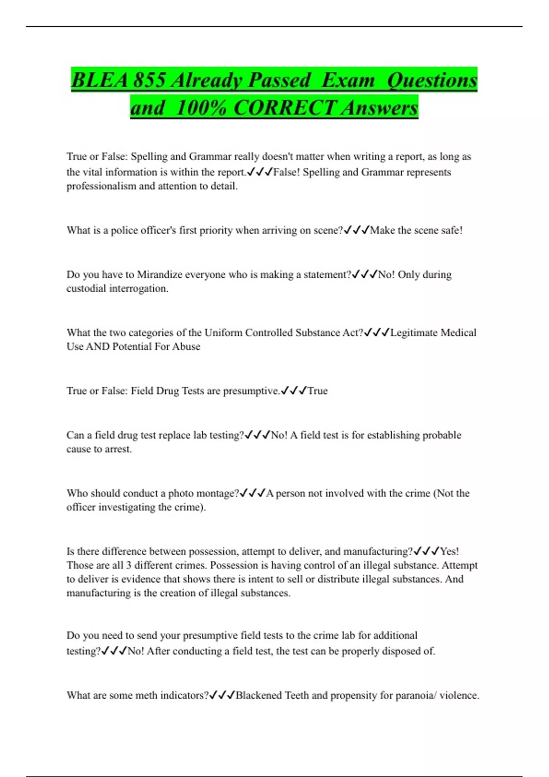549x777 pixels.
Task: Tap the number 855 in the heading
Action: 149,80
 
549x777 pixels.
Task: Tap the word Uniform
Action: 223,333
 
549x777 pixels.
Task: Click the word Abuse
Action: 186,346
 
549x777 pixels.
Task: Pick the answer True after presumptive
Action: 318,391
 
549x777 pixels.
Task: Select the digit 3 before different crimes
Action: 129,565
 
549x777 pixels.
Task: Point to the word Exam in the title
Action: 348,80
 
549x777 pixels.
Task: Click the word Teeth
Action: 297,695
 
